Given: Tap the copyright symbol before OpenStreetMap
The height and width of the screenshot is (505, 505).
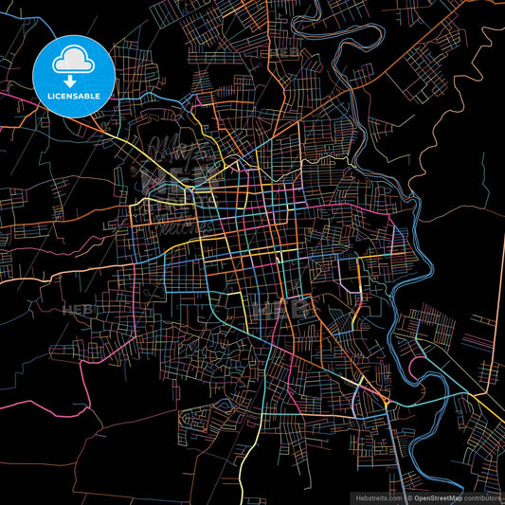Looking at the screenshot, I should tap(410, 496).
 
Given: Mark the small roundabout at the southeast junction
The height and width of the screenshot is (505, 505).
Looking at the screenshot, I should tap(388, 405).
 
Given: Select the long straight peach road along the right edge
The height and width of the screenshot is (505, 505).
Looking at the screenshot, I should tap(498, 313).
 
